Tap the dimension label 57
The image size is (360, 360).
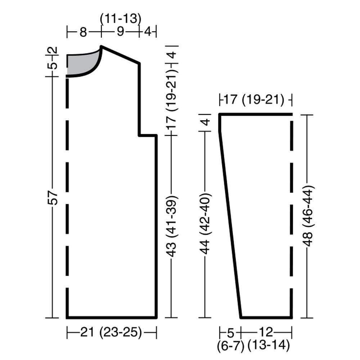coord(53,197)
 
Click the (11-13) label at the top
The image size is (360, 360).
coord(121,19)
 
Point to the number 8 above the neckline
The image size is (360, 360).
coord(83,32)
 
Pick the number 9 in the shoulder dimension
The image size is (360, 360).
coord(120,31)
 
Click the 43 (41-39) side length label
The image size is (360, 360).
coord(172,226)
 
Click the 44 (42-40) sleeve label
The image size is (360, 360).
coord(205,224)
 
